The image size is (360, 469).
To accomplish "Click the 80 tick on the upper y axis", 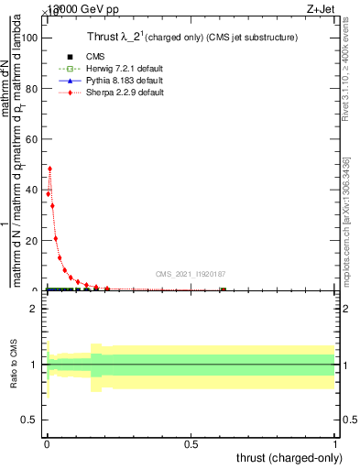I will coord(34,89).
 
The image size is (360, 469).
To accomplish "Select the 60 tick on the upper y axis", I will coord(34,139).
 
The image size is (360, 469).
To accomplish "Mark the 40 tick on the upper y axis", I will coord(34,190).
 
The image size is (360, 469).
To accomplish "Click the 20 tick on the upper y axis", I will coord(34,240).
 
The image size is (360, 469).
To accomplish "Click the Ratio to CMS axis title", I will coord(15,365).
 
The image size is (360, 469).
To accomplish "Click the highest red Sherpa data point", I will coord(49,169).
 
